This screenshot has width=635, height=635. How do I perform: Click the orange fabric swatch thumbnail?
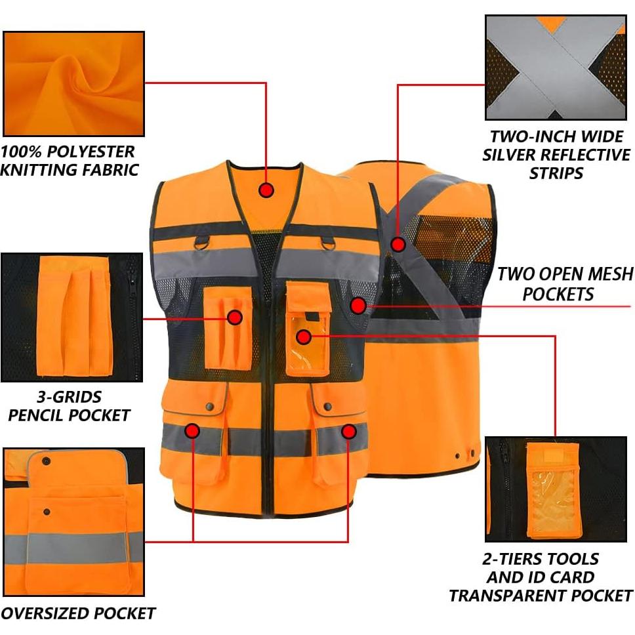click(x=73, y=83)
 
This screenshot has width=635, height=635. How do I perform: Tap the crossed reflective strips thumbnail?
click(x=555, y=68)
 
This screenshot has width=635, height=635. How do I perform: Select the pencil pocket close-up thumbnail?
click(x=72, y=317)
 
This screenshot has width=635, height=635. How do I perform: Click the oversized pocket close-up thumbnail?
click(x=73, y=522)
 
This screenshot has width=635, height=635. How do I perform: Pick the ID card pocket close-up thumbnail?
click(x=556, y=489)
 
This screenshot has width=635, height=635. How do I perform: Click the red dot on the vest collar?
click(x=266, y=190)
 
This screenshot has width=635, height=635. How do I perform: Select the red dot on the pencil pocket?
click(x=235, y=318)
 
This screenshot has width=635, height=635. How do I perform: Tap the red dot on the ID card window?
click(x=302, y=337)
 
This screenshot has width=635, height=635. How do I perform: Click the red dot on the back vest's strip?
click(x=398, y=245)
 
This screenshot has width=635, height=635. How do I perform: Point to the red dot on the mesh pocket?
click(x=358, y=305)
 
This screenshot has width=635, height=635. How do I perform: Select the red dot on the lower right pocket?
click(x=349, y=431)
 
